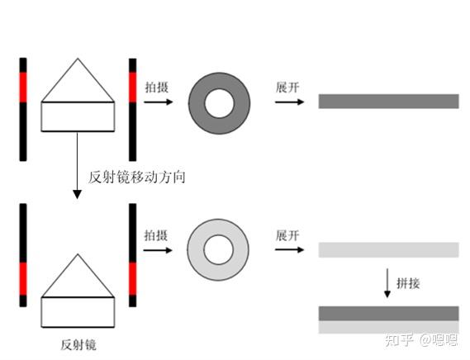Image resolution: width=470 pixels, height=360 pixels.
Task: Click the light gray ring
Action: click(x=197, y=249)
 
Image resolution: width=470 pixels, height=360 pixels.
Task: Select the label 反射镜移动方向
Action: click(x=137, y=177)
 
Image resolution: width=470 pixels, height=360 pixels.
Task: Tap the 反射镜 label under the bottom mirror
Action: click(x=78, y=344)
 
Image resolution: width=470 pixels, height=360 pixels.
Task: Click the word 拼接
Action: click(x=408, y=283)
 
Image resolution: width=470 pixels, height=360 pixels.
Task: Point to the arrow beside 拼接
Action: click(x=387, y=283)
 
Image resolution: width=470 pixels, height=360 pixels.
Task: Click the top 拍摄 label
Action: click(x=157, y=88)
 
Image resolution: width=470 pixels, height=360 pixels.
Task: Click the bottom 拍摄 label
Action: click(x=156, y=235)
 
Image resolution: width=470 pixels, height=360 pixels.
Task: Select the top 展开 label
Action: click(x=287, y=88)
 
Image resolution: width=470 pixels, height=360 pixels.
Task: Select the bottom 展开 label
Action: click(x=287, y=235)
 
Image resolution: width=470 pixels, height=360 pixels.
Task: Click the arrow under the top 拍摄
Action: click(x=159, y=102)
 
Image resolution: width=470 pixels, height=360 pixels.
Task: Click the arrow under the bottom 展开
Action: click(x=290, y=249)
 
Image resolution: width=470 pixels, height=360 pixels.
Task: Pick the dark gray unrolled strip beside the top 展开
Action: click(x=388, y=102)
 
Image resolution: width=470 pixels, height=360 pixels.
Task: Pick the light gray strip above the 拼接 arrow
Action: click(x=388, y=250)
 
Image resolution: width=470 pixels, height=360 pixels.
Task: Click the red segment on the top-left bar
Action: click(x=23, y=88)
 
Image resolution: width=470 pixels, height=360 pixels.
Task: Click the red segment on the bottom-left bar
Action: click(x=23, y=279)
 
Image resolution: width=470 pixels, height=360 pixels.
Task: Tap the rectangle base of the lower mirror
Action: click(x=78, y=312)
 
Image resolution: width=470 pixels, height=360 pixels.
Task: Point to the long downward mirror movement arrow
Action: click(x=78, y=165)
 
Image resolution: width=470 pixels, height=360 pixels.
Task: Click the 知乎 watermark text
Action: click(x=399, y=340)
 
